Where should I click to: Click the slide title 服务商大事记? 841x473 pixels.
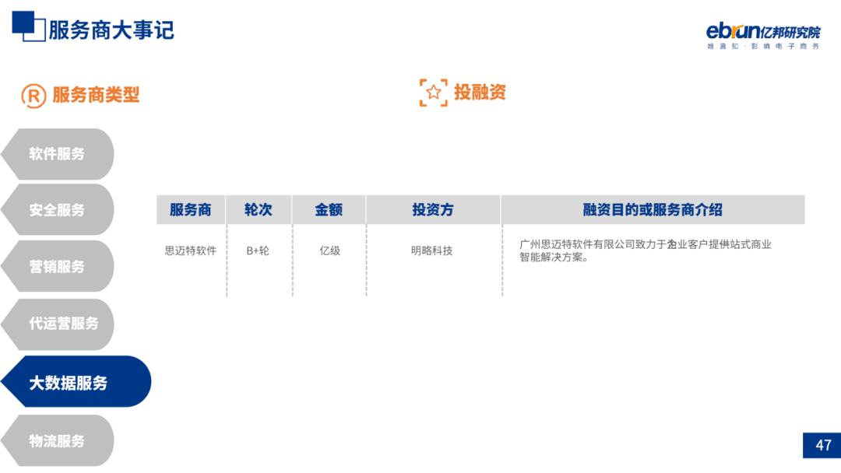pos(111,30)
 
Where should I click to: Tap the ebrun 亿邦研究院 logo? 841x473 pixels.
pos(762,35)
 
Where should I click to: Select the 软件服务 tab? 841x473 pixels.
pos(57,154)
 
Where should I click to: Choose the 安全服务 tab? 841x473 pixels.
pos(57,210)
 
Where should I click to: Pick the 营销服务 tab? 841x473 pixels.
pos(57,267)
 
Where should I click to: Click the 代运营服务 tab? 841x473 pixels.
pos(64,324)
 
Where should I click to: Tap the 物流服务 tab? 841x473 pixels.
pos(57,441)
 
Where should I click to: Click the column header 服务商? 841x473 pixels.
pos(190,210)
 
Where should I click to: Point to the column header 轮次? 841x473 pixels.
pos(258,210)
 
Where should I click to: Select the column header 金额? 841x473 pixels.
pos(329,210)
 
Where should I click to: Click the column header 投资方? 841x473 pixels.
pos(432,210)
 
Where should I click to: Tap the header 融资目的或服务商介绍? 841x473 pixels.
pos(652,210)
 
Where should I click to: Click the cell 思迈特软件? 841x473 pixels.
pos(190,251)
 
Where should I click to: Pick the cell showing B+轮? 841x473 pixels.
pos(258,251)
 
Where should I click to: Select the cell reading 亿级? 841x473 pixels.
pos(329,251)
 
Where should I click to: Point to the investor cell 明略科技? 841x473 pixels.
pos(432,251)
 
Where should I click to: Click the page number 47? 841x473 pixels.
pos(823,446)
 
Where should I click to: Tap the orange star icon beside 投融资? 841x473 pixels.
pos(434,93)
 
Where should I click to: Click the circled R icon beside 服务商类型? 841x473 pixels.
pos(33,96)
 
